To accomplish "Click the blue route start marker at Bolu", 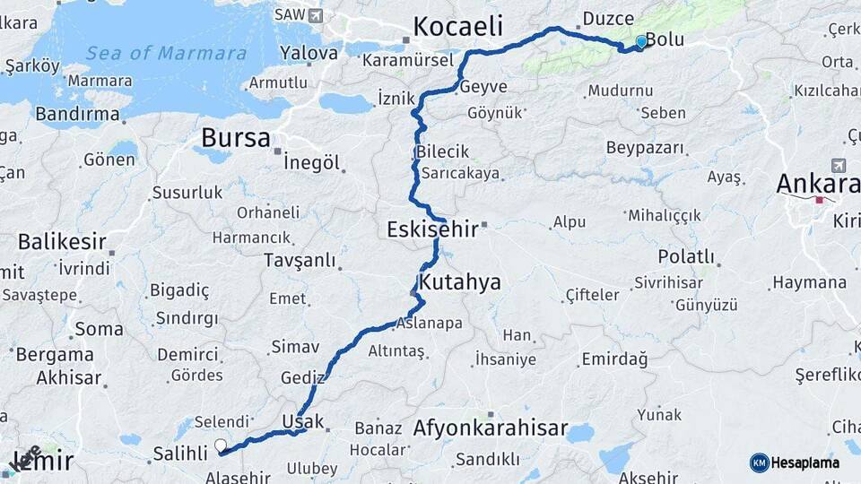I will [640, 41].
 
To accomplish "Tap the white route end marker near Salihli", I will [221, 445].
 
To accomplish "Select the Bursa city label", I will [235, 138].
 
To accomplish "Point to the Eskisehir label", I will [431, 229].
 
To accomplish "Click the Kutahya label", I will [460, 282].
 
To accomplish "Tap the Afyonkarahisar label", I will [490, 428].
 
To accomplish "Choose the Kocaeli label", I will [457, 26].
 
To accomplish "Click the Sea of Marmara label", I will [166, 54].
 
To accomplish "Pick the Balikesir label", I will [62, 242].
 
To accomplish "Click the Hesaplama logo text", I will [806, 462].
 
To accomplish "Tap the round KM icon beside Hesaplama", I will [760, 462].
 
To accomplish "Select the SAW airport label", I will [289, 14].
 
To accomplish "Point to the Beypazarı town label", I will [644, 147].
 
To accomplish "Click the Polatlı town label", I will [686, 257].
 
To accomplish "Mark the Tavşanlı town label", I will [300, 261].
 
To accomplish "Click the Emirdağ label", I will [614, 359].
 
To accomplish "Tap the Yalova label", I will [308, 53].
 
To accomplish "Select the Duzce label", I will [608, 18].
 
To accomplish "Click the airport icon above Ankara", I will [839, 165].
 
